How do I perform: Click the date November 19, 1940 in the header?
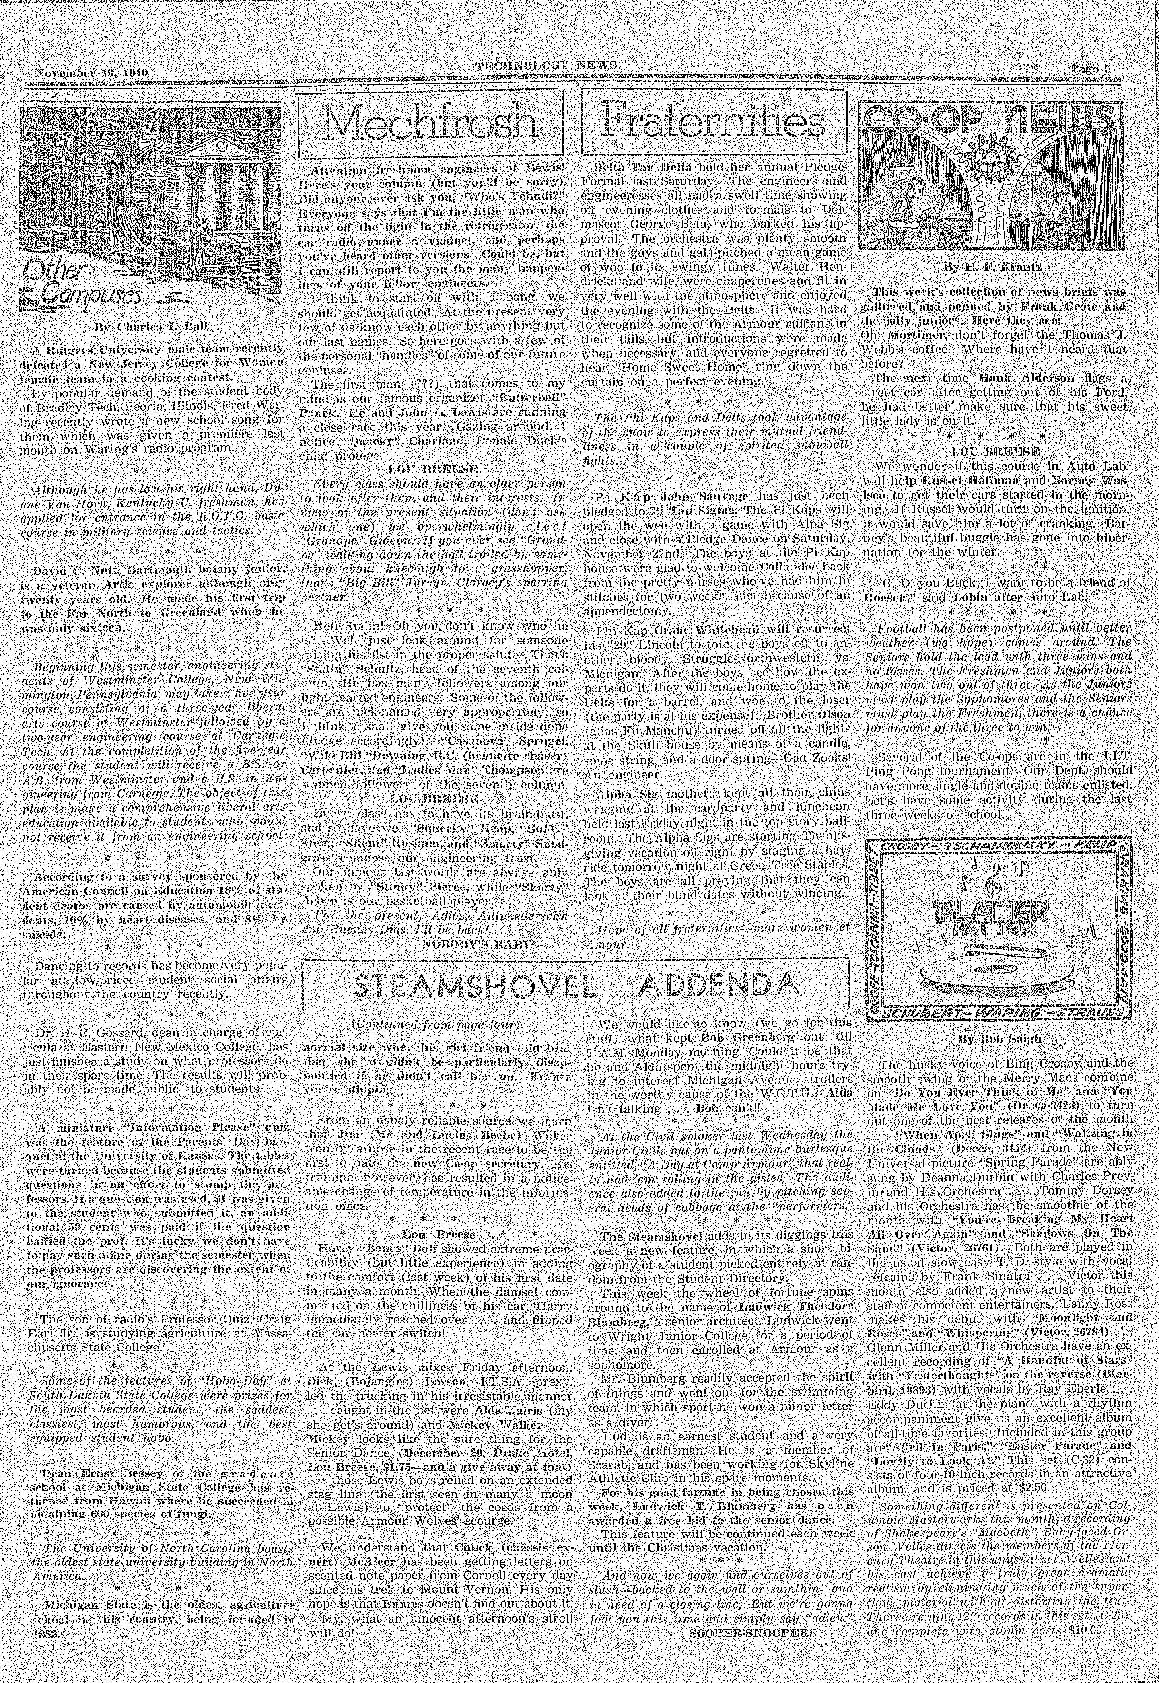click(x=91, y=73)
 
